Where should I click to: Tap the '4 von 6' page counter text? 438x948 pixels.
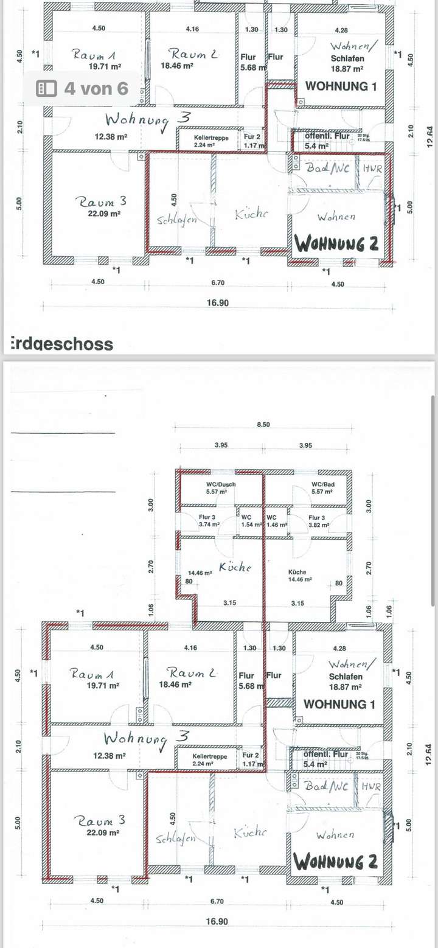[96, 88]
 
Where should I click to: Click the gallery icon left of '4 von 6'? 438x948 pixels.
[47, 88]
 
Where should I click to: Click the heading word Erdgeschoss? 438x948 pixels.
[61, 344]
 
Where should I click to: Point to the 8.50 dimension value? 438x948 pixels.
[262, 424]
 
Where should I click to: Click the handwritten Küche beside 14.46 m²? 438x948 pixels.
[235, 567]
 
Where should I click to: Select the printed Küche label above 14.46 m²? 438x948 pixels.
[297, 573]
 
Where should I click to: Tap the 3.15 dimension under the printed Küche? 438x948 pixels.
[297, 603]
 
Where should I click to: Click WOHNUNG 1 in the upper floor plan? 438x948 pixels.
[341, 86]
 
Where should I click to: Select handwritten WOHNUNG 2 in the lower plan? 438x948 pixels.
[335, 862]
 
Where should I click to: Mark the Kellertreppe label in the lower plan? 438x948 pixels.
[211, 756]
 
